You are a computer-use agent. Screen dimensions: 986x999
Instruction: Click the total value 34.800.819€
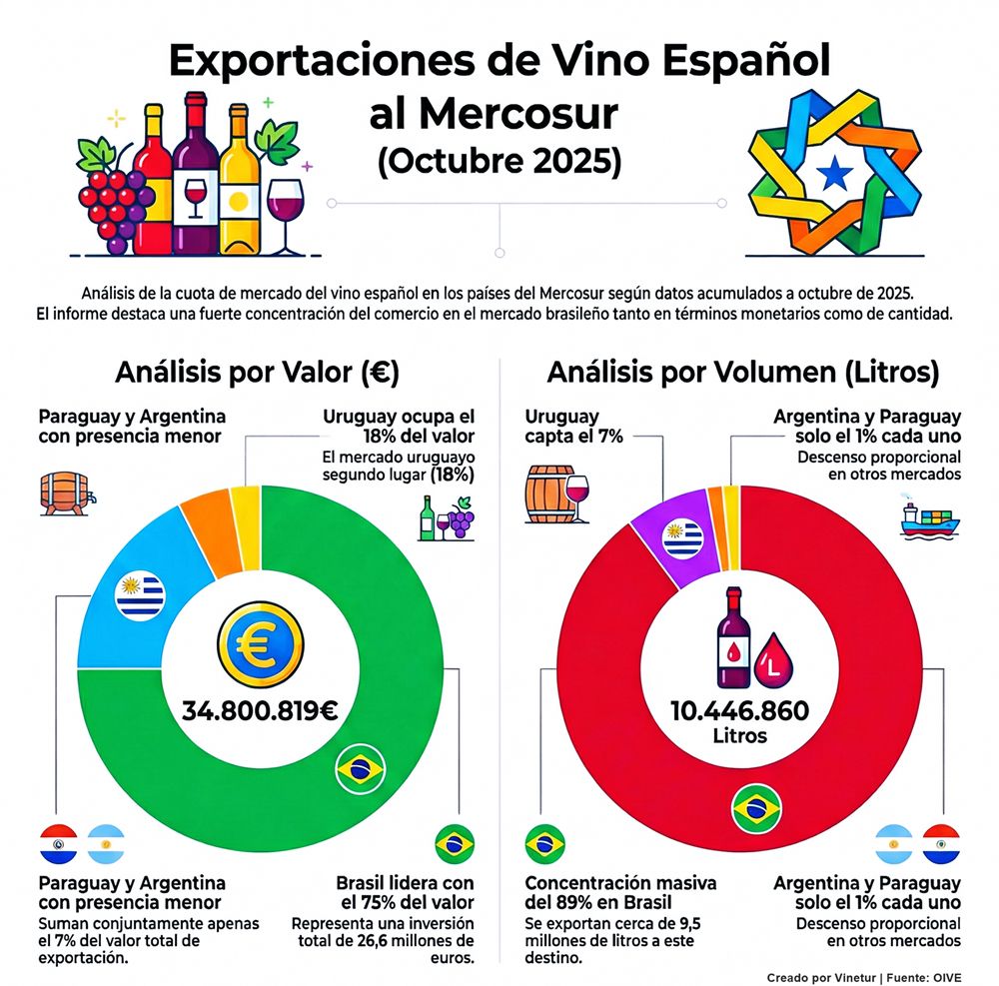[x=260, y=711]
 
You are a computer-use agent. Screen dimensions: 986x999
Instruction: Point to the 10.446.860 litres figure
[x=740, y=711]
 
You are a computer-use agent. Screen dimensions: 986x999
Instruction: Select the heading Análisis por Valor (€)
[x=257, y=374]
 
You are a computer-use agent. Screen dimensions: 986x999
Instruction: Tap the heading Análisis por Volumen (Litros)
[x=742, y=374]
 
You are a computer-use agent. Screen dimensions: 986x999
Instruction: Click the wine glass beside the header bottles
[x=286, y=215]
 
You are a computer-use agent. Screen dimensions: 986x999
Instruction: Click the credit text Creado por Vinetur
[x=825, y=976]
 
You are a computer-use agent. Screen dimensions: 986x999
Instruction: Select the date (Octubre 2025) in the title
[x=499, y=162]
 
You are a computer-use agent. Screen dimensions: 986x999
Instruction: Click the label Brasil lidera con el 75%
[x=405, y=892]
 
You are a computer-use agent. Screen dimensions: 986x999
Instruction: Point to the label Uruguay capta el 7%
[x=561, y=426]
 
